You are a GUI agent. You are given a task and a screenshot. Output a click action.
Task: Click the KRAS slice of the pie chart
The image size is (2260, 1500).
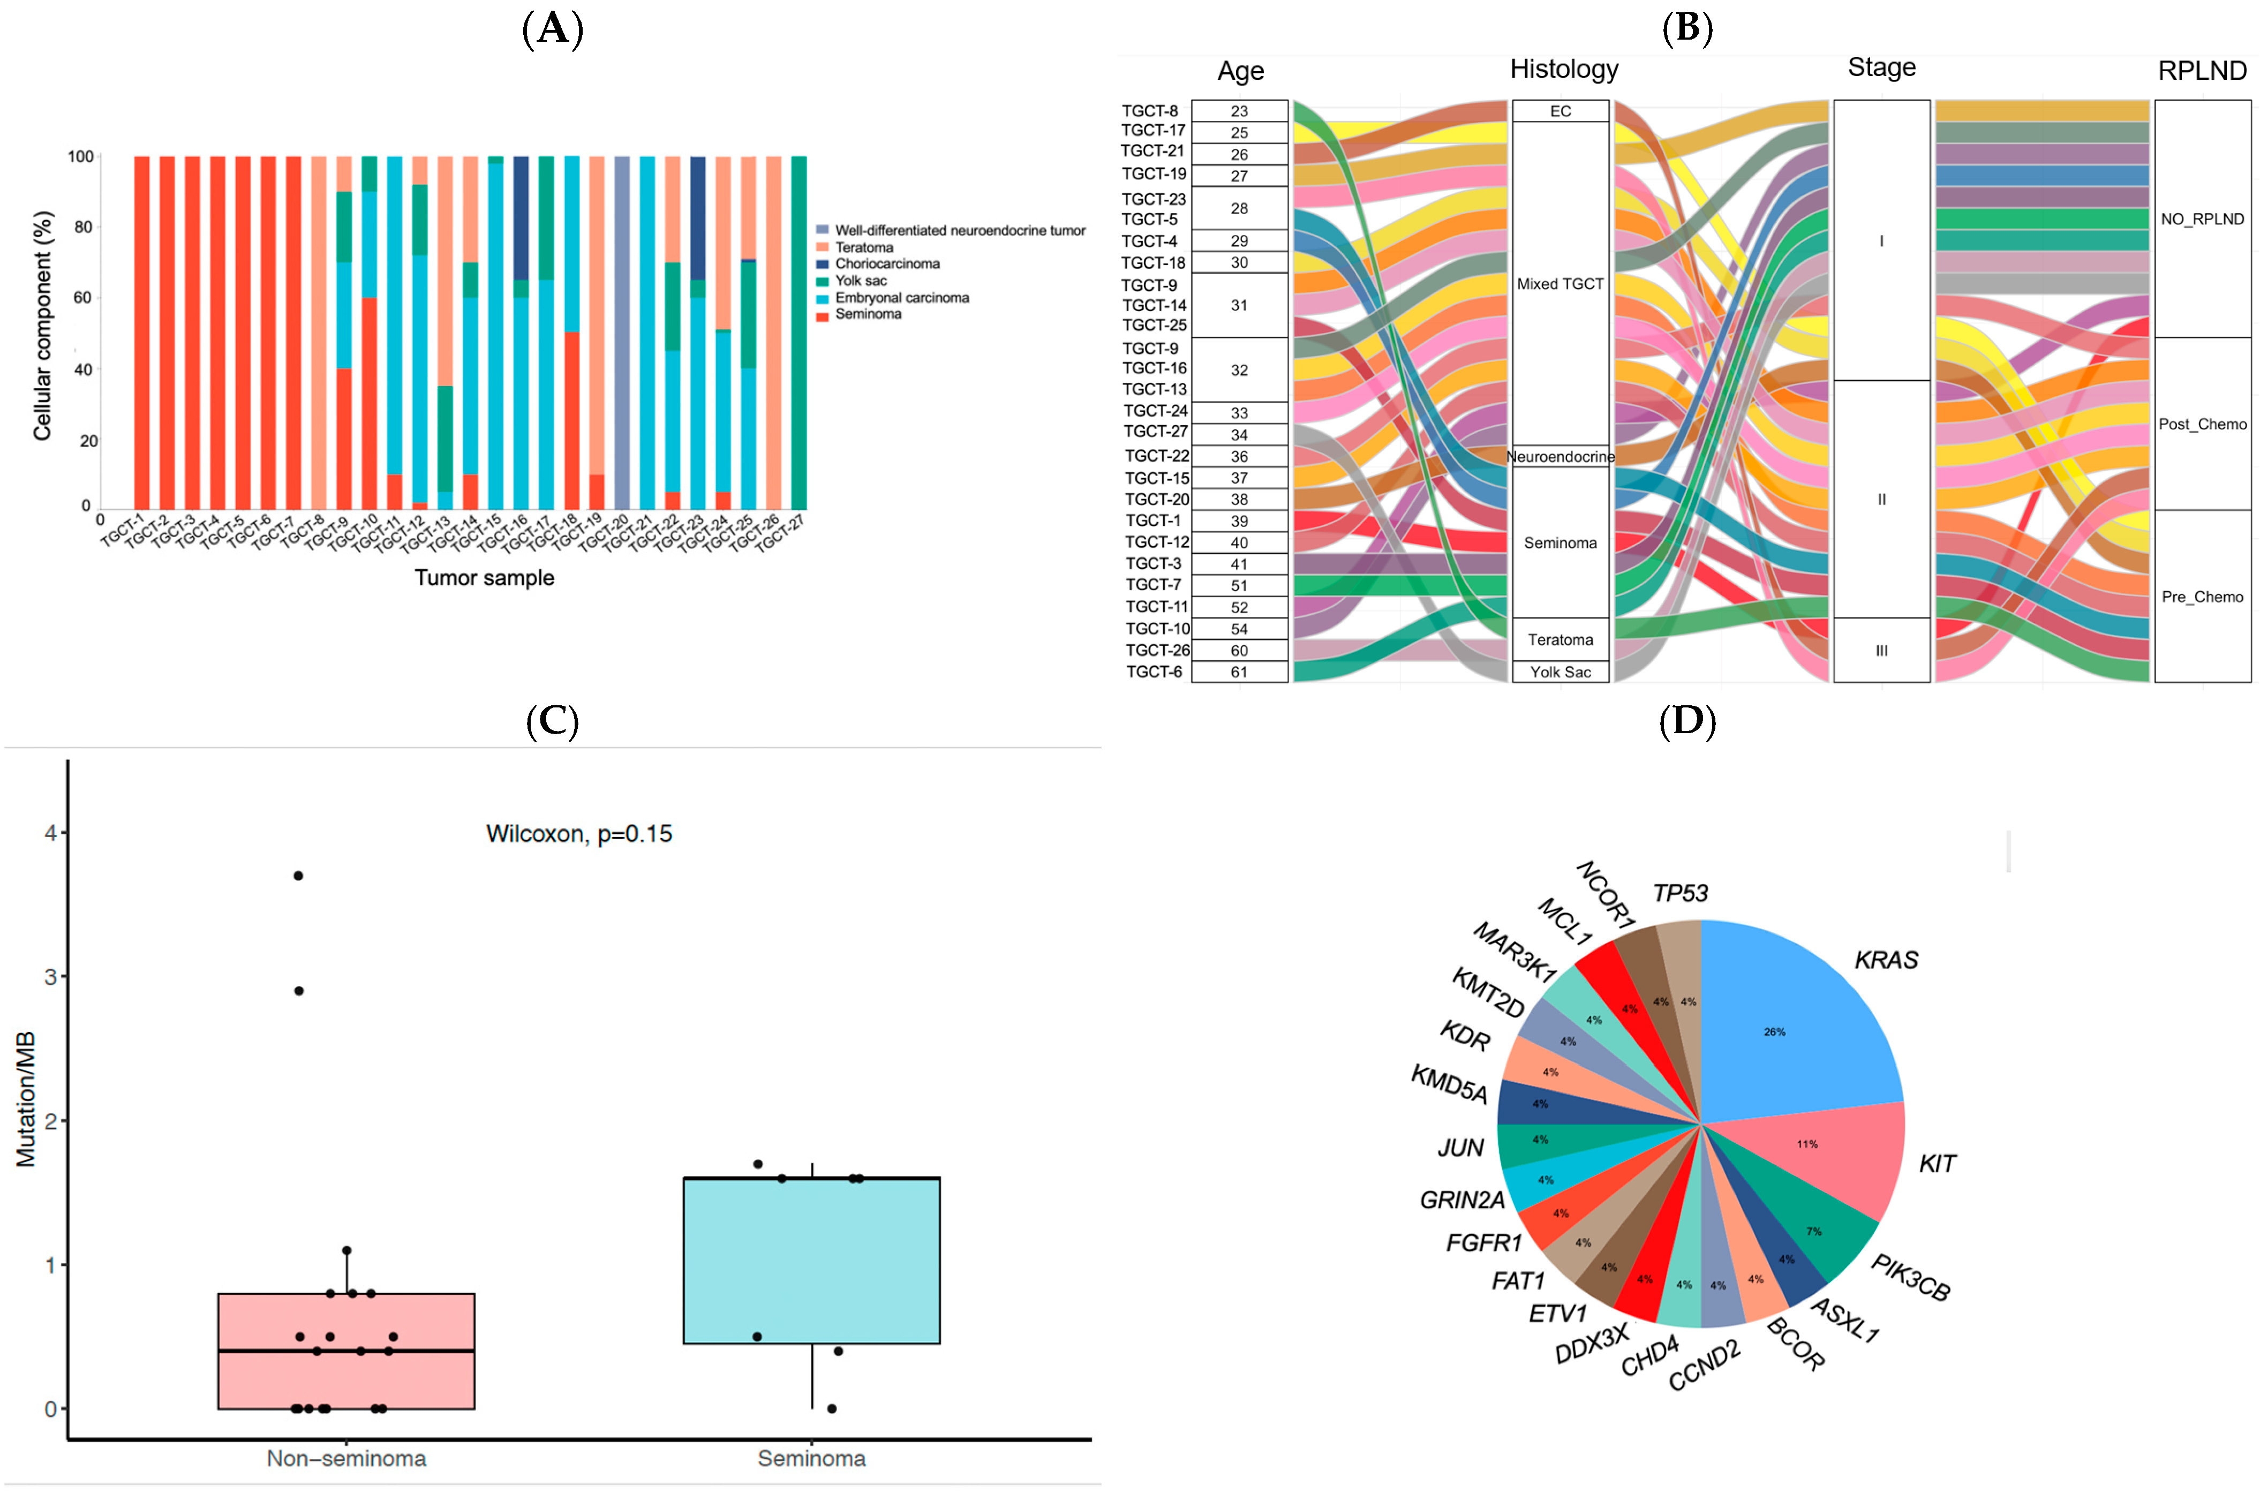pyautogui.click(x=1789, y=1023)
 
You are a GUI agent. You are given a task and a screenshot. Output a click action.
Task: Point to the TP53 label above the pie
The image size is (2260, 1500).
pyautogui.click(x=1681, y=893)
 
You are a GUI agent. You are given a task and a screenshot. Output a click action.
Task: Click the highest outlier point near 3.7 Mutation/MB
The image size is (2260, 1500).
pyautogui.click(x=298, y=876)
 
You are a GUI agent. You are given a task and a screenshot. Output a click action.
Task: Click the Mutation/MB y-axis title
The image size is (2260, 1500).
pyautogui.click(x=26, y=1099)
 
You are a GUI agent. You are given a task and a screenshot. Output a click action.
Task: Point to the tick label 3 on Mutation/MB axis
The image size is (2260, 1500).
pyautogui.click(x=51, y=977)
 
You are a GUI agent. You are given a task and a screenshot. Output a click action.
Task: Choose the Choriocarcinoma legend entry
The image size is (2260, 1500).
pyautogui.click(x=886, y=264)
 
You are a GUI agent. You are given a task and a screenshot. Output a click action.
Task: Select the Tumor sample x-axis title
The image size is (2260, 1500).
pyautogui.click(x=484, y=578)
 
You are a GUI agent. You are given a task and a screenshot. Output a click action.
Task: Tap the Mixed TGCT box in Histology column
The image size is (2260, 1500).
pyautogui.click(x=1560, y=284)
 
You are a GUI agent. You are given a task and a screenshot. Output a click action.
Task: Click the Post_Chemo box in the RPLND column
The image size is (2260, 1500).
pyautogui.click(x=2202, y=424)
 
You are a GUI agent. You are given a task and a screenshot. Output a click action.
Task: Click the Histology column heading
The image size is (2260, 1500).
pyautogui.click(x=1564, y=69)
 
